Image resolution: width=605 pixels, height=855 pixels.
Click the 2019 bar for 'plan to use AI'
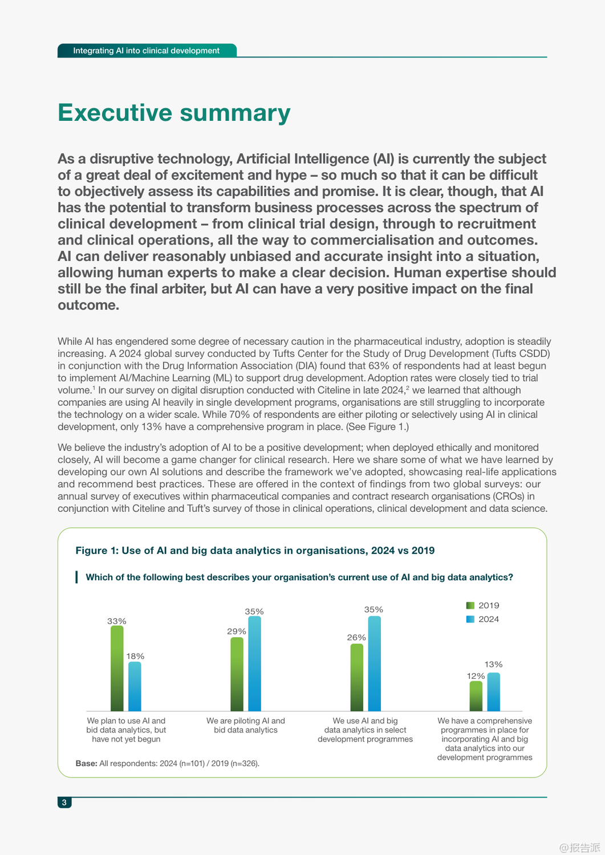click(x=117, y=668)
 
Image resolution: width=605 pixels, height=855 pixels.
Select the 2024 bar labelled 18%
click(x=135, y=686)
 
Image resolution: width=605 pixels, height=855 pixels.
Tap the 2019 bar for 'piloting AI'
click(x=237, y=674)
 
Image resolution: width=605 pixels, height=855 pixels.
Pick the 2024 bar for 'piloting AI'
click(x=254, y=663)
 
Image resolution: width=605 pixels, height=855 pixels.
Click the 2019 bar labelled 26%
click(x=357, y=677)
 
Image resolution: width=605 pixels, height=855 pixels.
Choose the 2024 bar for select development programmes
click(x=374, y=663)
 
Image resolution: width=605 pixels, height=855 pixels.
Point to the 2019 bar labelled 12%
click(x=476, y=696)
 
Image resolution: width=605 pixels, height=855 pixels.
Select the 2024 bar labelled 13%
click(x=494, y=692)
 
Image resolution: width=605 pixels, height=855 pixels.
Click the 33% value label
click(x=117, y=621)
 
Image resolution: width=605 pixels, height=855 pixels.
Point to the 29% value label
click(x=237, y=632)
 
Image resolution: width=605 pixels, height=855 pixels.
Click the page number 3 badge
click(x=64, y=803)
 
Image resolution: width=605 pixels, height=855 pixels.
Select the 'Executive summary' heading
click(x=174, y=112)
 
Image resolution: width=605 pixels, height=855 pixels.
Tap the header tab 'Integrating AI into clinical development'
click(x=147, y=51)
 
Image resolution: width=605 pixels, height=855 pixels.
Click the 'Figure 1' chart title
click(x=255, y=551)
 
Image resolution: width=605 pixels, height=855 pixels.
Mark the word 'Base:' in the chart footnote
click(x=86, y=763)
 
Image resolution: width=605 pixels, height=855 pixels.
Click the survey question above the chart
click(x=299, y=577)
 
